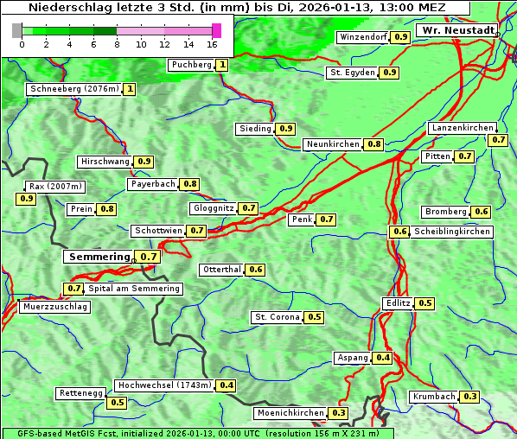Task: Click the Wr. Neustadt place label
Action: [x=457, y=30]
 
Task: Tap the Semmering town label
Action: [x=99, y=257]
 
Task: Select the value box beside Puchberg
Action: [x=222, y=65]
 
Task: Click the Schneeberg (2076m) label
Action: [x=73, y=89]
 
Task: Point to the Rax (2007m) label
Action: [x=55, y=186]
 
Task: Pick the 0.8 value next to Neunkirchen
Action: [x=374, y=144]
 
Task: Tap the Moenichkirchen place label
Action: [x=290, y=414]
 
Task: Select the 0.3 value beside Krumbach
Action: [x=469, y=397]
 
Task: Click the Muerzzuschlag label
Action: [x=54, y=307]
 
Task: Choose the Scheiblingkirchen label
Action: [x=452, y=232]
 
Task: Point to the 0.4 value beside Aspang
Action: [x=383, y=358]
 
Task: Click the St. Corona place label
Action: [x=277, y=317]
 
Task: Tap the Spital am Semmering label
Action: [x=134, y=289]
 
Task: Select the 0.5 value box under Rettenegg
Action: [x=117, y=403]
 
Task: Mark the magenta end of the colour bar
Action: [x=216, y=30]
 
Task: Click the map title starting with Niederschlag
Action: [x=236, y=8]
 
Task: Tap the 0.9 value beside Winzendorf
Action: [x=400, y=37]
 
